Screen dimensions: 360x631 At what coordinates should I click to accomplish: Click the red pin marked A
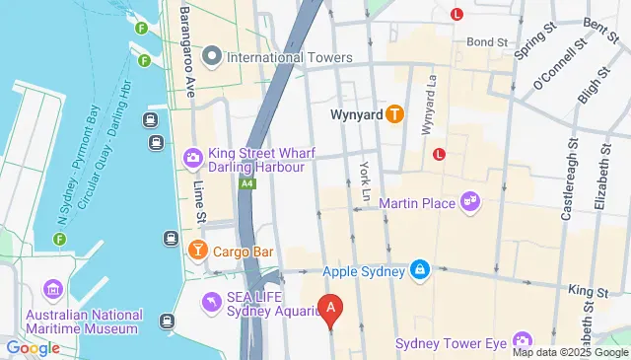tap(331, 310)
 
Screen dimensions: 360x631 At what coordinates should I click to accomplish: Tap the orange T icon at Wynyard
tap(394, 113)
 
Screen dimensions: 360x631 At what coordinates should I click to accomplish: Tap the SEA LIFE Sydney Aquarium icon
tap(211, 301)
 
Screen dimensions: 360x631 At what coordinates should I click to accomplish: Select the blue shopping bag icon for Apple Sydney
tap(420, 269)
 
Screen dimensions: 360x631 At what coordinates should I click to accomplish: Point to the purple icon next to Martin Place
tap(470, 202)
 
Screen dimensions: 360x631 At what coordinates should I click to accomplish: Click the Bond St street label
tap(487, 42)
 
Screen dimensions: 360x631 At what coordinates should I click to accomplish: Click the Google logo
tap(33, 347)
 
